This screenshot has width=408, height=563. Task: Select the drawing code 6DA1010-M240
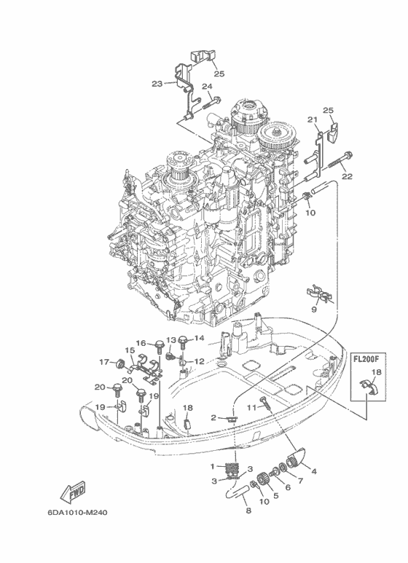coord(77,512)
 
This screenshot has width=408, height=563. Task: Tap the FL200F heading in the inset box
coord(368,358)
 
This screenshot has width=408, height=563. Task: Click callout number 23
coord(157,84)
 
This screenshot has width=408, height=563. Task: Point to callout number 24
coord(207,87)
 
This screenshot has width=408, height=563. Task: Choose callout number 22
coord(348,176)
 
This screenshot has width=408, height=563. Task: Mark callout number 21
coord(313,119)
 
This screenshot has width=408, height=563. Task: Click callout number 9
coord(314,310)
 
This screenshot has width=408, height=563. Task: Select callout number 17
coord(104,362)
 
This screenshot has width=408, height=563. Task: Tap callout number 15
coord(130,350)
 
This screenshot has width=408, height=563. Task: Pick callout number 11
coord(251,407)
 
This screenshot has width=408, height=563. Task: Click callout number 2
coord(213,417)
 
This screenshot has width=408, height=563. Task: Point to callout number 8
coord(248,510)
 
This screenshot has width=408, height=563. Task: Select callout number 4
coord(314,471)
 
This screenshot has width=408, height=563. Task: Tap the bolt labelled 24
coord(212,103)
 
